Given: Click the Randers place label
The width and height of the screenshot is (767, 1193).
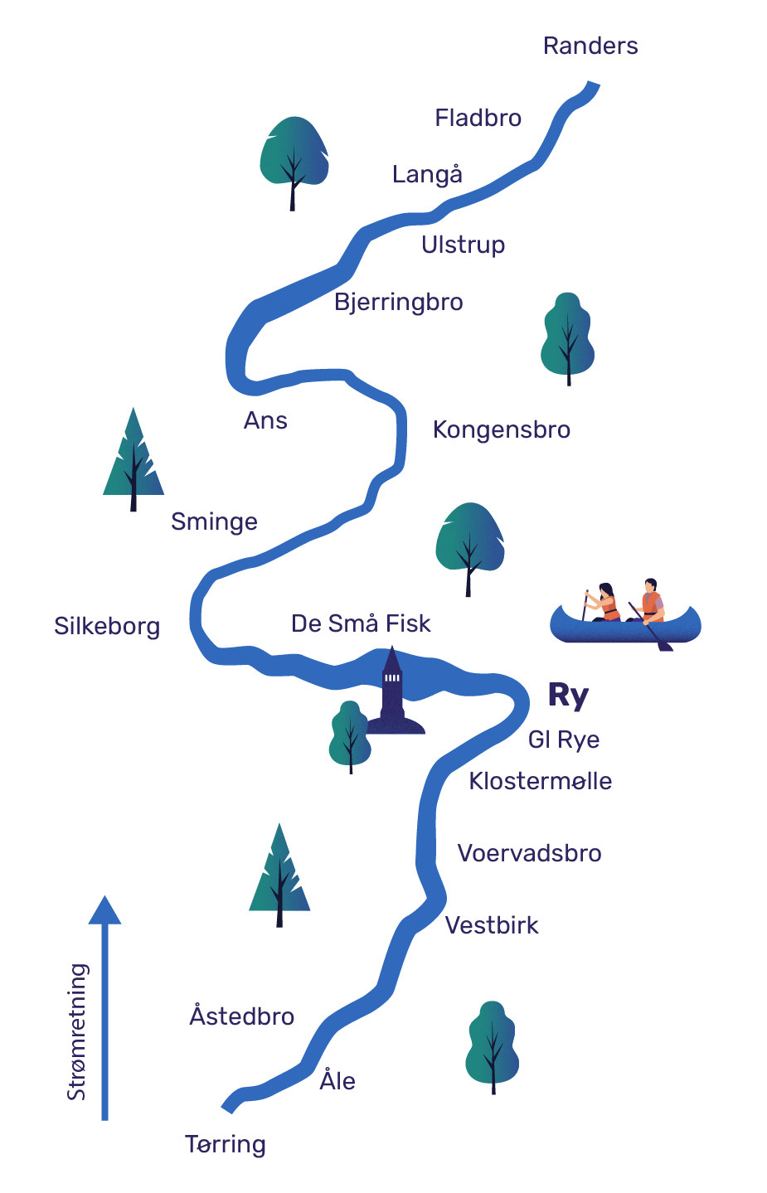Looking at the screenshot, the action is point(590,46).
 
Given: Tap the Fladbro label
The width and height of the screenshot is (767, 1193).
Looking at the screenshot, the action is point(478,118).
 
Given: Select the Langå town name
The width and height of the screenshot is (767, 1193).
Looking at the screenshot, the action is point(427,173).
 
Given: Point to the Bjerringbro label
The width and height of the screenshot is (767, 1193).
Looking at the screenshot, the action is point(398,302).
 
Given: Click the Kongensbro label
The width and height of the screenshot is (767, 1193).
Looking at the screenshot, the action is point(501,429).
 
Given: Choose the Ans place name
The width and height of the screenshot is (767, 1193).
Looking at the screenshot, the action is point(265,420).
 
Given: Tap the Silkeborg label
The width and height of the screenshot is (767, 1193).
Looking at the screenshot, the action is point(106,626).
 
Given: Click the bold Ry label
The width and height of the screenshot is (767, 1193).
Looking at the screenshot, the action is point(568,695).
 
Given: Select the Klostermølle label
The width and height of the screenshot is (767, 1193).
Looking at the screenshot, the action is point(540,781).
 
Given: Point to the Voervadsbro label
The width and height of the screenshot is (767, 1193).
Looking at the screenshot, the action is point(530,852).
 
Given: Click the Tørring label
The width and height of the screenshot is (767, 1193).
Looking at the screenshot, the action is point(226,1145).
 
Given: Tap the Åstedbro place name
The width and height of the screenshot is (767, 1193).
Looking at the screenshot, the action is point(242,1015).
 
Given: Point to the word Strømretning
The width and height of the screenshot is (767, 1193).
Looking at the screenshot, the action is point(77,1031).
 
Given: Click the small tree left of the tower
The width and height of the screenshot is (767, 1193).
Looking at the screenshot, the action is point(350,736).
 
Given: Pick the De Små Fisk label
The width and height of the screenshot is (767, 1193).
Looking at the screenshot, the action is point(361,623).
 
